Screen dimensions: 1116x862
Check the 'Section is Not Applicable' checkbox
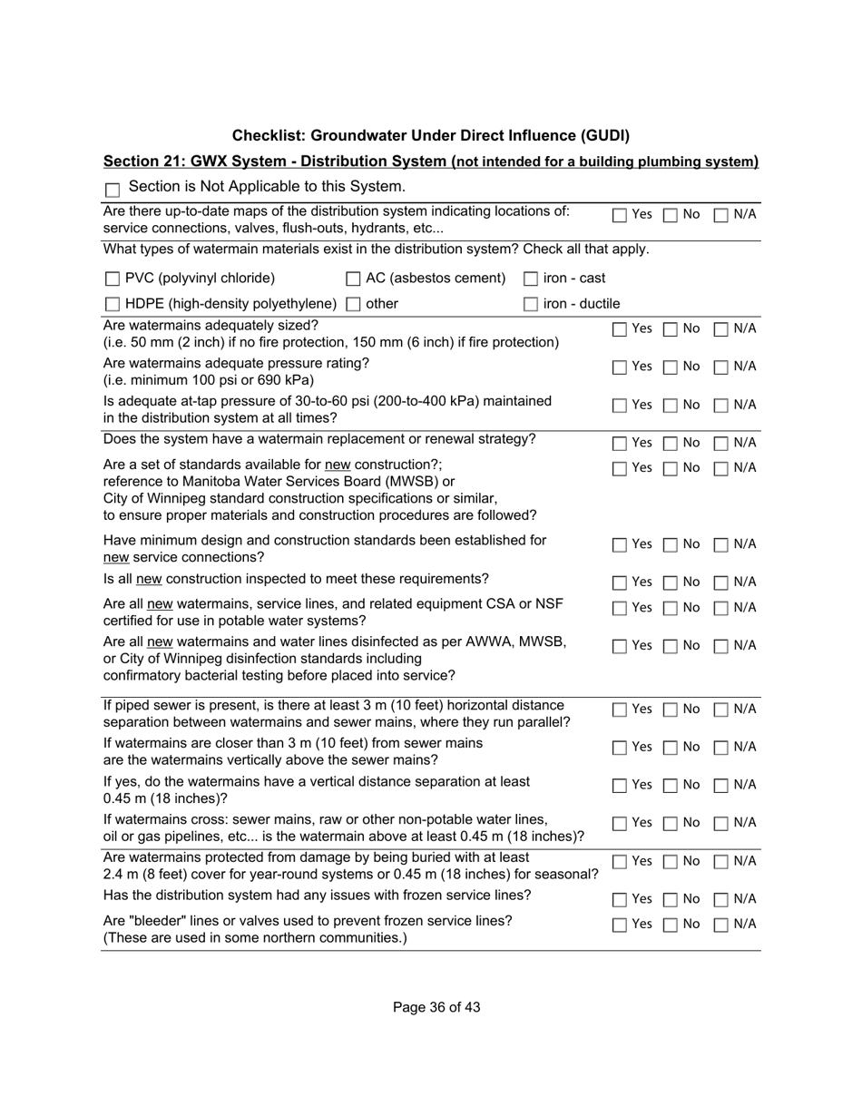click(113, 190)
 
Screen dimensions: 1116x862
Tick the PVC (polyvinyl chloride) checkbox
click(113, 279)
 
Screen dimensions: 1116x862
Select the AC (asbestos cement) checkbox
click(354, 279)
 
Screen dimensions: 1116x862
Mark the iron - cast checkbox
click(531, 279)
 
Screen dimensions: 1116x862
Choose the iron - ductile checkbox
click(531, 304)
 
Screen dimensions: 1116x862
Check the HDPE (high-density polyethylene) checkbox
click(113, 304)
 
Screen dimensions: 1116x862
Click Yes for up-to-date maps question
click(619, 216)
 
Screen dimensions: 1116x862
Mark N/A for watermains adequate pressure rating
click(721, 367)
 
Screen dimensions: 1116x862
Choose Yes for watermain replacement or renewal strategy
click(619, 444)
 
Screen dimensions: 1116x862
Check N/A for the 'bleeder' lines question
click(721, 925)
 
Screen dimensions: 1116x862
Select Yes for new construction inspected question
click(619, 582)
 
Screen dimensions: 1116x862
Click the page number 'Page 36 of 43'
click(436, 1007)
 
